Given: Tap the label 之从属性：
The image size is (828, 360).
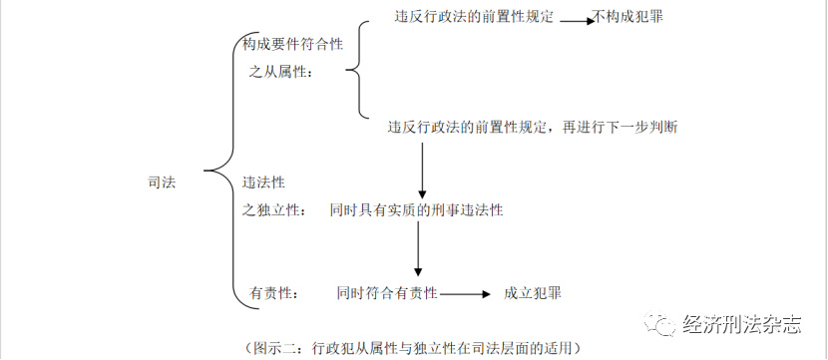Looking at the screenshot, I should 280,72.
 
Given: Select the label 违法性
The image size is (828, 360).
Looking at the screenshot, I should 263,182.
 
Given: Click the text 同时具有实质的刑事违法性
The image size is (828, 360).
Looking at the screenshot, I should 415,210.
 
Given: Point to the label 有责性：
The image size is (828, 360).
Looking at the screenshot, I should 273,293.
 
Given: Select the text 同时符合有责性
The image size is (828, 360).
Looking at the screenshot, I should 386,293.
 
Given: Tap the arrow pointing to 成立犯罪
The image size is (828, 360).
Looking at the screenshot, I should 466,294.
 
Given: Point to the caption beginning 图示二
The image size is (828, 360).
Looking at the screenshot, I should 411,348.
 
